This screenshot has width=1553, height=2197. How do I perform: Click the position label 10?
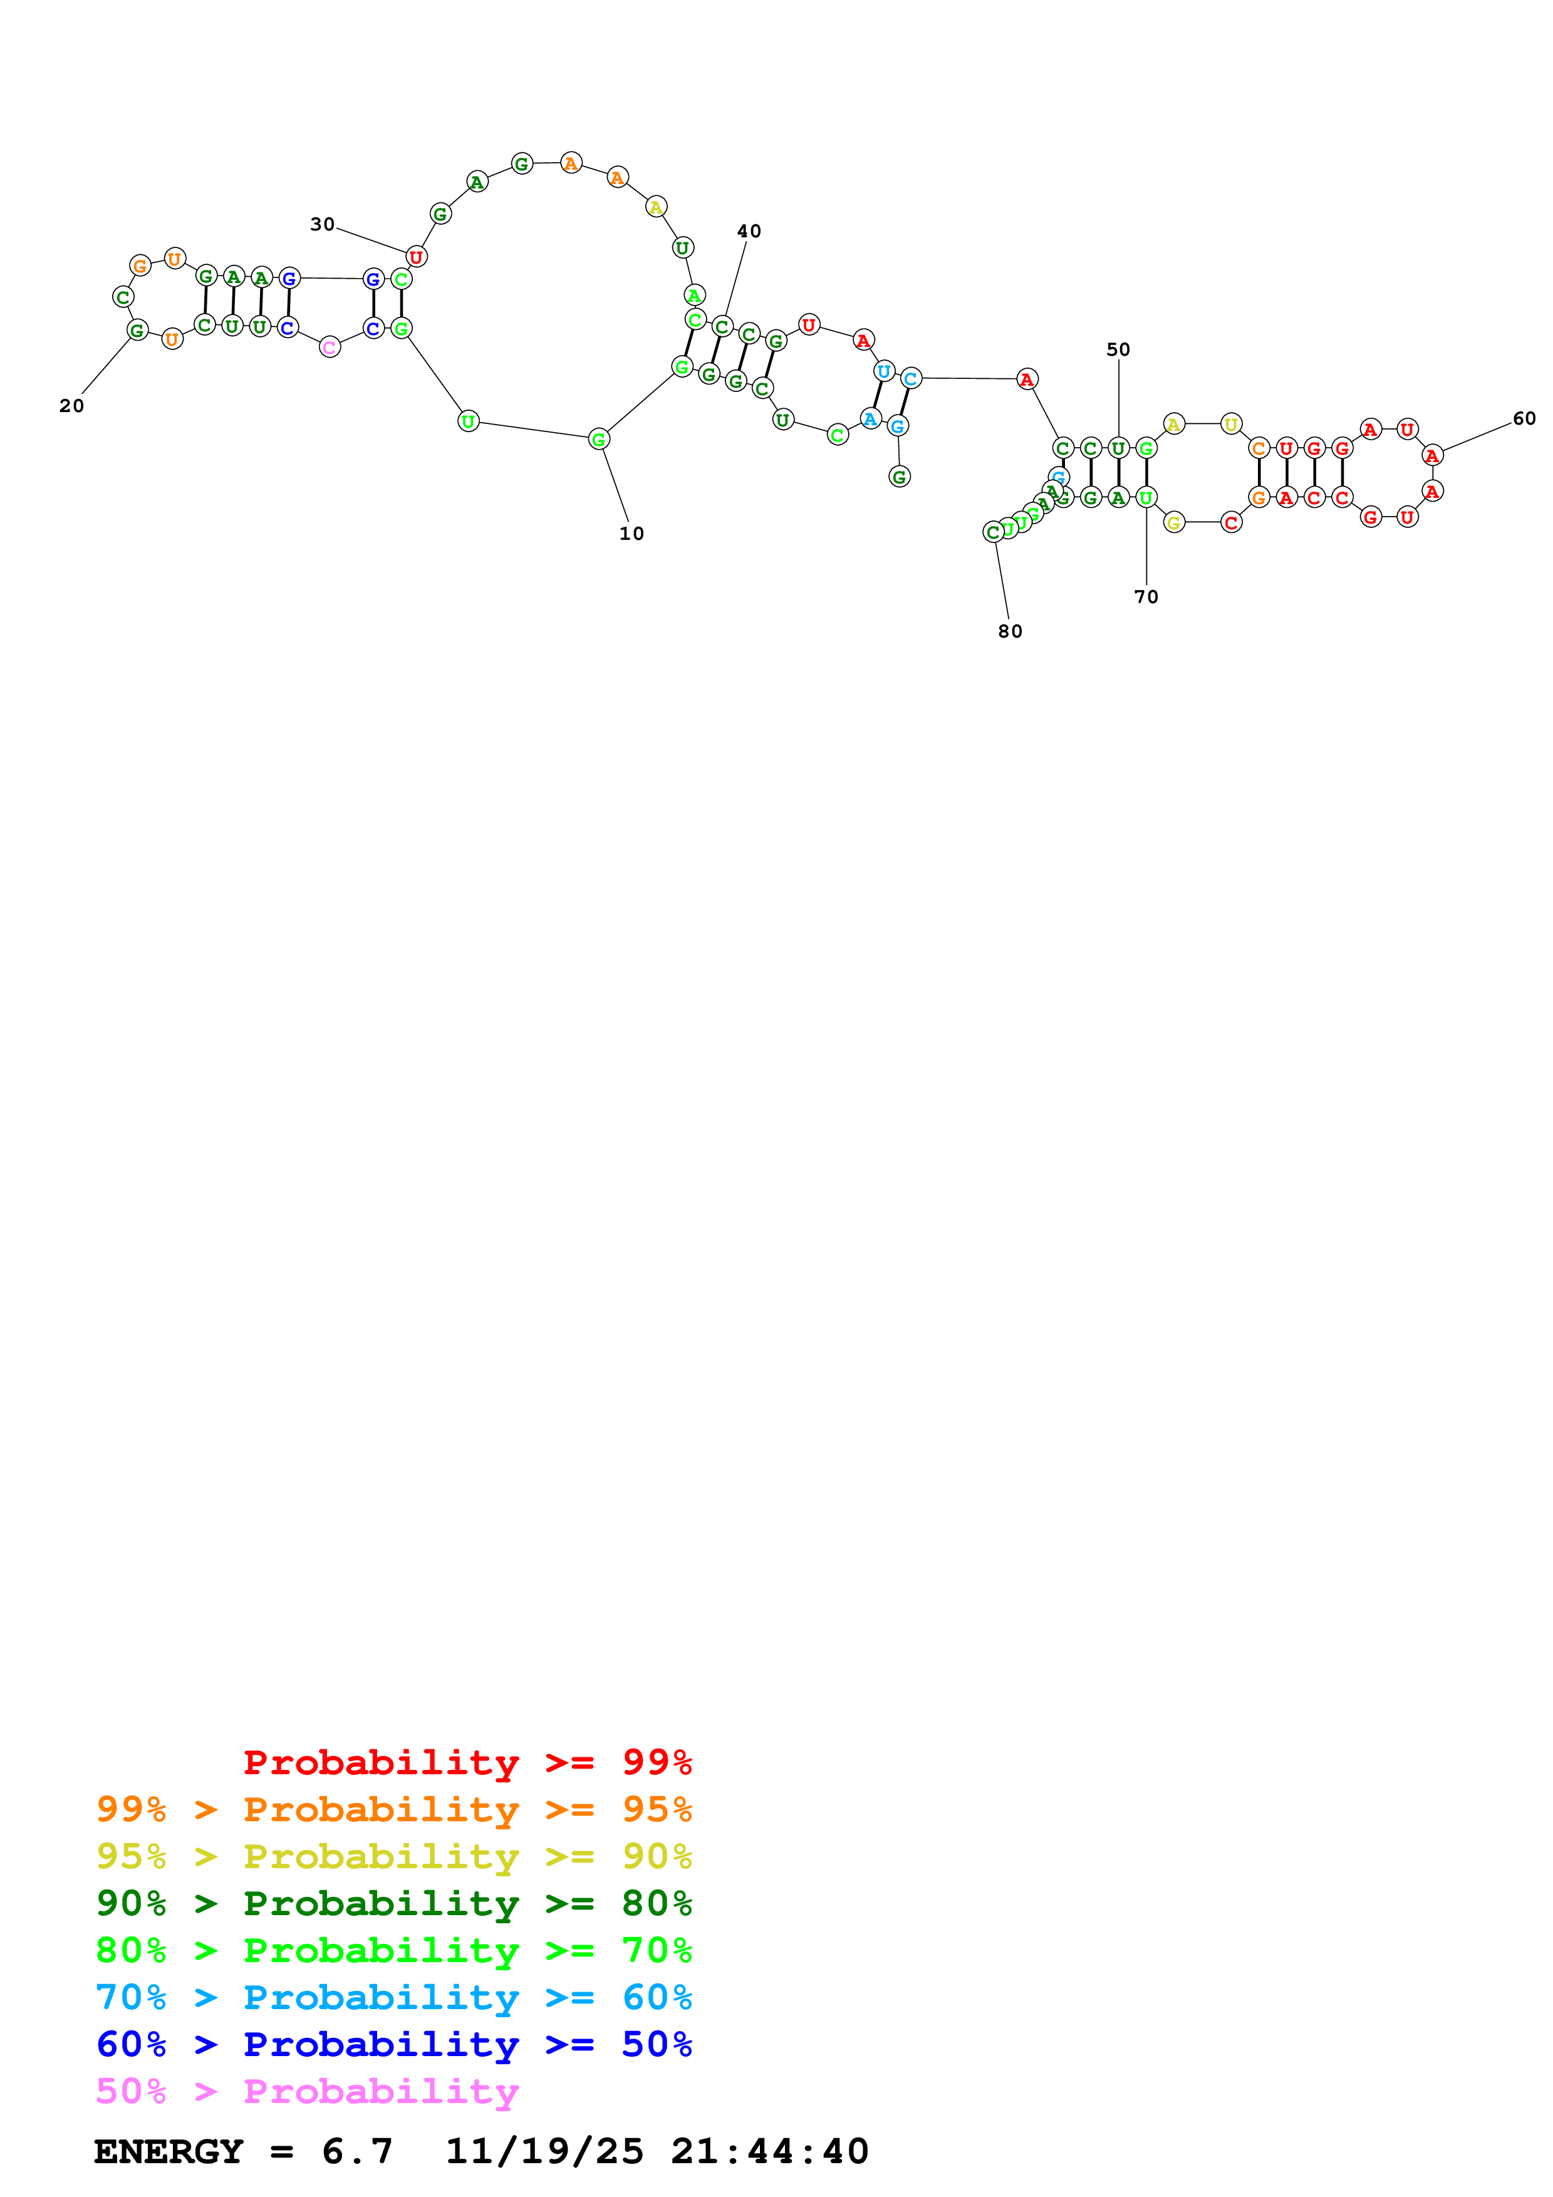pyautogui.click(x=631, y=534)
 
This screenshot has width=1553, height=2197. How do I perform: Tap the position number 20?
pyautogui.click(x=72, y=406)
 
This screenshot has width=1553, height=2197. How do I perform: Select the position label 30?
pyautogui.click(x=323, y=224)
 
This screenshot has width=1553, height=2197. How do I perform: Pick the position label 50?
pyautogui.click(x=1119, y=349)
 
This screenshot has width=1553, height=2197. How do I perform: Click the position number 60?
pyautogui.click(x=1524, y=418)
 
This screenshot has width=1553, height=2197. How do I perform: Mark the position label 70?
pyautogui.click(x=1146, y=596)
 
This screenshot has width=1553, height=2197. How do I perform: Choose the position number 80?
pyautogui.click(x=1010, y=631)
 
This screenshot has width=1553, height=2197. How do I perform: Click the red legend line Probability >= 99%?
pyautogui.click(x=467, y=1762)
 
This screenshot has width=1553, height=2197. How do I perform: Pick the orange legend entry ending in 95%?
pyautogui.click(x=393, y=1809)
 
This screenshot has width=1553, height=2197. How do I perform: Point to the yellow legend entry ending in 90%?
pyautogui.click(x=393, y=1856)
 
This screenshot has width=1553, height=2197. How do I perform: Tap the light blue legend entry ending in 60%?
pyautogui.click(x=393, y=1997)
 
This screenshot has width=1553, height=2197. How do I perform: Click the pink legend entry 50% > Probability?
pyautogui.click(x=307, y=2091)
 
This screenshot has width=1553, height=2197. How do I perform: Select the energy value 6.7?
pyautogui.click(x=357, y=2151)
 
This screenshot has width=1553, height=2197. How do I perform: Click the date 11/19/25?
pyautogui.click(x=544, y=2151)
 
